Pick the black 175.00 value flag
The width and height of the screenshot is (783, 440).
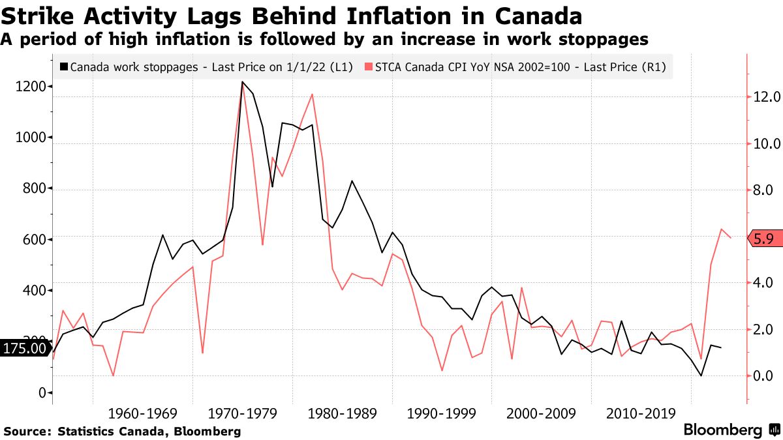point(25,348)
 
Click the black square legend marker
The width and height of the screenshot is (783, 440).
point(63,67)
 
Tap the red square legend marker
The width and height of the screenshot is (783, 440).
point(369,67)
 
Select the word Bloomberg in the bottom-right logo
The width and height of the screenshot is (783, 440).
point(722,430)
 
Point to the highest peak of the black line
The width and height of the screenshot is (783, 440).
point(242,82)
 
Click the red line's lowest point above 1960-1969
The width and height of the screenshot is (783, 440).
point(113,375)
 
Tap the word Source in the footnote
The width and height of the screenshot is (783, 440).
point(27,432)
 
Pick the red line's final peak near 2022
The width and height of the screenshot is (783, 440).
point(721,229)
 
